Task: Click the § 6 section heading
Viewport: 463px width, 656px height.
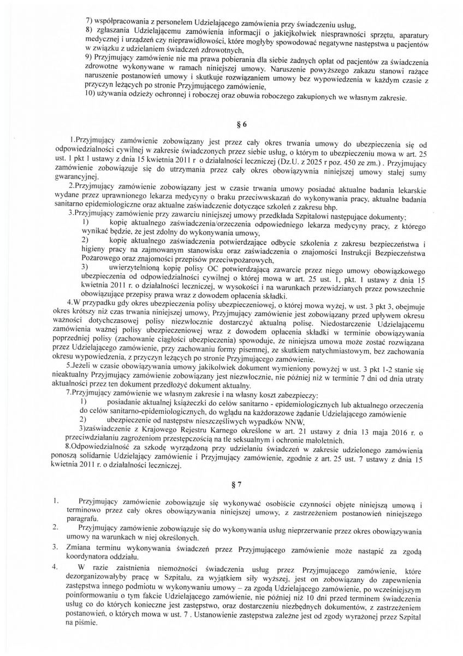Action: [x=231, y=125]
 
